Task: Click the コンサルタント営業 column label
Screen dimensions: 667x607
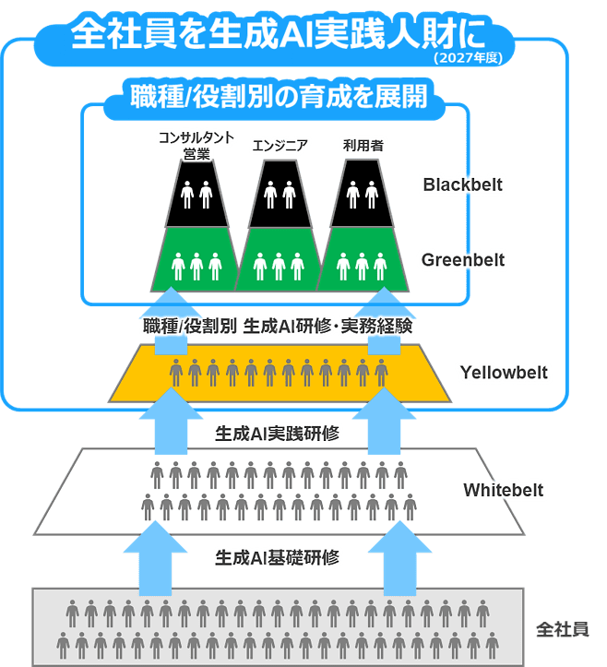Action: click(x=196, y=146)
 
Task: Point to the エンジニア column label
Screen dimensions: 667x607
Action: click(x=280, y=144)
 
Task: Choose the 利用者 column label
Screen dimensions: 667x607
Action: click(x=361, y=144)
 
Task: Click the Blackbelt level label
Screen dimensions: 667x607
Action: click(x=463, y=185)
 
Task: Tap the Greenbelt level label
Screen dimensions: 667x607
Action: click(x=463, y=260)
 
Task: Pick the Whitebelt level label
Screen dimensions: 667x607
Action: click(x=504, y=490)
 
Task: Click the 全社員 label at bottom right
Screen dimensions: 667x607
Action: click(x=563, y=629)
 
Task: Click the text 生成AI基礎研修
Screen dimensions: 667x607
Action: click(x=278, y=557)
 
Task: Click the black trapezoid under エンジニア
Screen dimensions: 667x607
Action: click(x=280, y=194)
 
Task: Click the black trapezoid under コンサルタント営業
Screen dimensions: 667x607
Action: click(x=196, y=194)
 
